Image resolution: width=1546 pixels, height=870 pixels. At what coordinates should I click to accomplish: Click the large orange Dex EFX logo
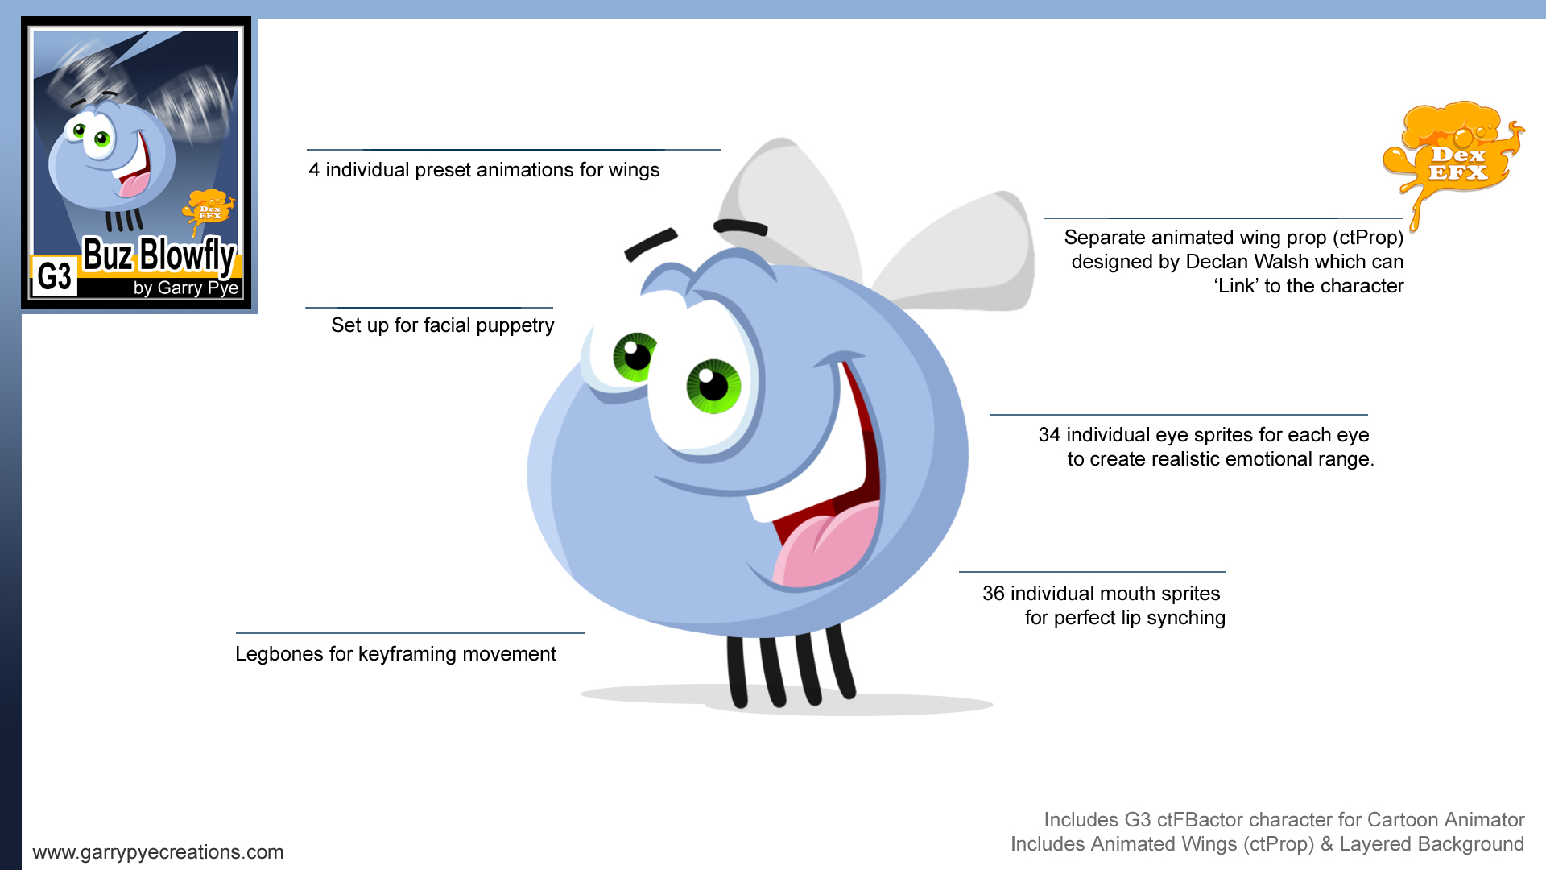coord(1453,157)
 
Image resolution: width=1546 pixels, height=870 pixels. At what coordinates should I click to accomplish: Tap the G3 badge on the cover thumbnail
coord(55,276)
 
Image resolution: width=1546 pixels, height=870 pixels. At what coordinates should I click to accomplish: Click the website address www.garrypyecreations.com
coord(158,852)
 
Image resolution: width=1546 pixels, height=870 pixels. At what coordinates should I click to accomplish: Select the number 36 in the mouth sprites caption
coord(994,594)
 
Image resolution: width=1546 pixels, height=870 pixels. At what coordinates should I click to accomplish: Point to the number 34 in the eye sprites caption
coord(1049,435)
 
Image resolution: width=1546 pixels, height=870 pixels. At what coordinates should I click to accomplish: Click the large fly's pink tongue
coord(825,543)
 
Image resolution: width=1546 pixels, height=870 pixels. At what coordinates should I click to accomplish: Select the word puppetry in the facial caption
coord(515,326)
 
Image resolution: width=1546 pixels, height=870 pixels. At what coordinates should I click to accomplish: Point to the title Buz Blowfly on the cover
coord(159,255)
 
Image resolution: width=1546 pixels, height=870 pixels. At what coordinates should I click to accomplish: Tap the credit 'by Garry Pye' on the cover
coord(186,288)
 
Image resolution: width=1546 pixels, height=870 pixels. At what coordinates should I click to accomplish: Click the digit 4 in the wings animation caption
coord(314,170)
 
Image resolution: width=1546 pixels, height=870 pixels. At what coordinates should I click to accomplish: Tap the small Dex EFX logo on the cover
coord(209,211)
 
